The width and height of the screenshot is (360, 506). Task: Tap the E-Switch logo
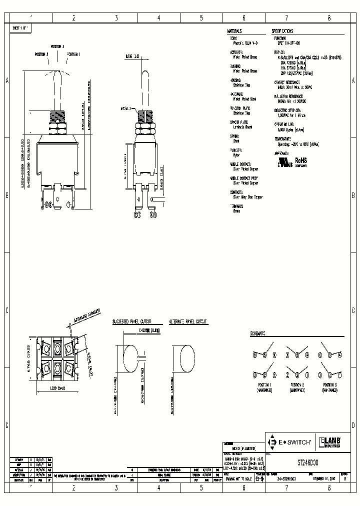(x=290, y=442)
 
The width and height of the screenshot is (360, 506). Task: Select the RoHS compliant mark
(x=301, y=160)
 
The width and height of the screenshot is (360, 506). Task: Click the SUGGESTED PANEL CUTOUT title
(x=131, y=322)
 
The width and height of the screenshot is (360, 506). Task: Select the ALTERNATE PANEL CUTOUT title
(x=188, y=322)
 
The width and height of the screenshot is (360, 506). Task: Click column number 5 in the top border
(x=201, y=17)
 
